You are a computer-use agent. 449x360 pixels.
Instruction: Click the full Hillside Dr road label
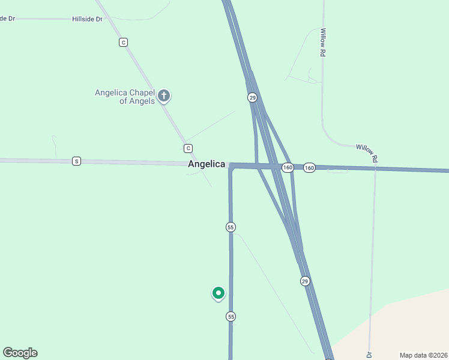pyautogui.click(x=87, y=19)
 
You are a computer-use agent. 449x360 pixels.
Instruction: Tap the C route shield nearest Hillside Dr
pyautogui.click(x=123, y=42)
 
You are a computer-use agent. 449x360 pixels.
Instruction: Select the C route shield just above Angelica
pyautogui.click(x=188, y=148)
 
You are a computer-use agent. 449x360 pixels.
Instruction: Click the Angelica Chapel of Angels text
pyautogui.click(x=125, y=97)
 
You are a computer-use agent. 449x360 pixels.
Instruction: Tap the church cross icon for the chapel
pyautogui.click(x=164, y=95)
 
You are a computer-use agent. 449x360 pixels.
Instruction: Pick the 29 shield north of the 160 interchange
pyautogui.click(x=253, y=97)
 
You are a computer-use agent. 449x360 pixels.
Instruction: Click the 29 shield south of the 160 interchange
pyautogui.click(x=305, y=281)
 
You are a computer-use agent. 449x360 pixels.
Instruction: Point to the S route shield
pyautogui.click(x=76, y=161)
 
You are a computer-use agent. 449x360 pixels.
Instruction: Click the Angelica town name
pyautogui.click(x=206, y=164)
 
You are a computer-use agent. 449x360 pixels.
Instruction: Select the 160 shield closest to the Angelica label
pyautogui.click(x=288, y=167)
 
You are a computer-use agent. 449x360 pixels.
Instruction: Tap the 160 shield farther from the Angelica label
pyautogui.click(x=309, y=167)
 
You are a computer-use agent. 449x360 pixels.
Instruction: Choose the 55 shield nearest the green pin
pyautogui.click(x=231, y=316)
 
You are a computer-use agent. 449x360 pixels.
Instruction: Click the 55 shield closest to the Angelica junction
pyautogui.click(x=231, y=227)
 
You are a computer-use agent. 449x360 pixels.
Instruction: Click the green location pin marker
pyautogui.click(x=218, y=293)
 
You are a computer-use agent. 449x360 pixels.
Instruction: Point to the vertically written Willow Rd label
pyautogui.click(x=323, y=43)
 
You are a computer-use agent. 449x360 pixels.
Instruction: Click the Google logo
pyautogui.click(x=20, y=353)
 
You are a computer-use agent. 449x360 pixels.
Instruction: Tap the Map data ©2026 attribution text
pyautogui.click(x=423, y=355)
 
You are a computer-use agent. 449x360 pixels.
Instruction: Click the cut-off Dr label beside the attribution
pyautogui.click(x=370, y=354)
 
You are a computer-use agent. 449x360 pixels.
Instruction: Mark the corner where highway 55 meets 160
pyautogui.click(x=231, y=166)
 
